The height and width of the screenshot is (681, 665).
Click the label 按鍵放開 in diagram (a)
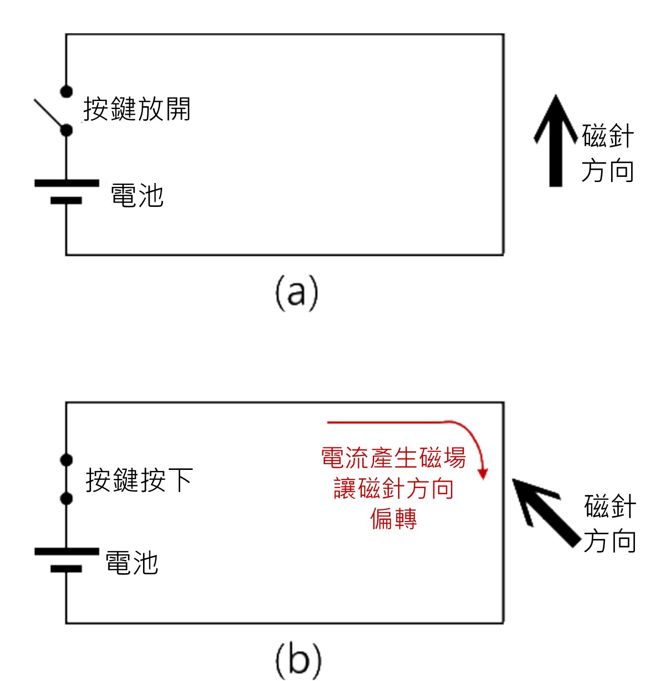pos(137,109)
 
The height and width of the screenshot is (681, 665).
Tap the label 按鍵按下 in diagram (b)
pos(139,480)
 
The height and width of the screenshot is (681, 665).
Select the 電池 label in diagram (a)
pos(137,195)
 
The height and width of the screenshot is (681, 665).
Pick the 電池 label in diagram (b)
pos(132,563)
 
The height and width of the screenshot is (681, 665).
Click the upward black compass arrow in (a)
pos(555,143)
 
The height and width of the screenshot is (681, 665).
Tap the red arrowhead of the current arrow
pos(483,474)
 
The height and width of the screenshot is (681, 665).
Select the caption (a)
pos(297,293)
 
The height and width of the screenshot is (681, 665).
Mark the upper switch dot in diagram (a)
pos(67,91)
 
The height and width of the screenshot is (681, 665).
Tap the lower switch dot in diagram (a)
pos(67,130)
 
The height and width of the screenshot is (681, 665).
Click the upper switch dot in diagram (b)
pos(67,460)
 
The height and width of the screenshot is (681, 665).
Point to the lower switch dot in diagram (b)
pos(67,498)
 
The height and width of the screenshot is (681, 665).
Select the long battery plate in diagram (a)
pos(67,183)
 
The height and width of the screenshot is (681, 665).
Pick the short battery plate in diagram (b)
pos(66,569)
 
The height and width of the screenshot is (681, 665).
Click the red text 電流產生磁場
pos(393,458)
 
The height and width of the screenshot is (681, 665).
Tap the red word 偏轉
pos(393,519)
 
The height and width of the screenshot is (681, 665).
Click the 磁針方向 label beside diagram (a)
pos(607,153)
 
